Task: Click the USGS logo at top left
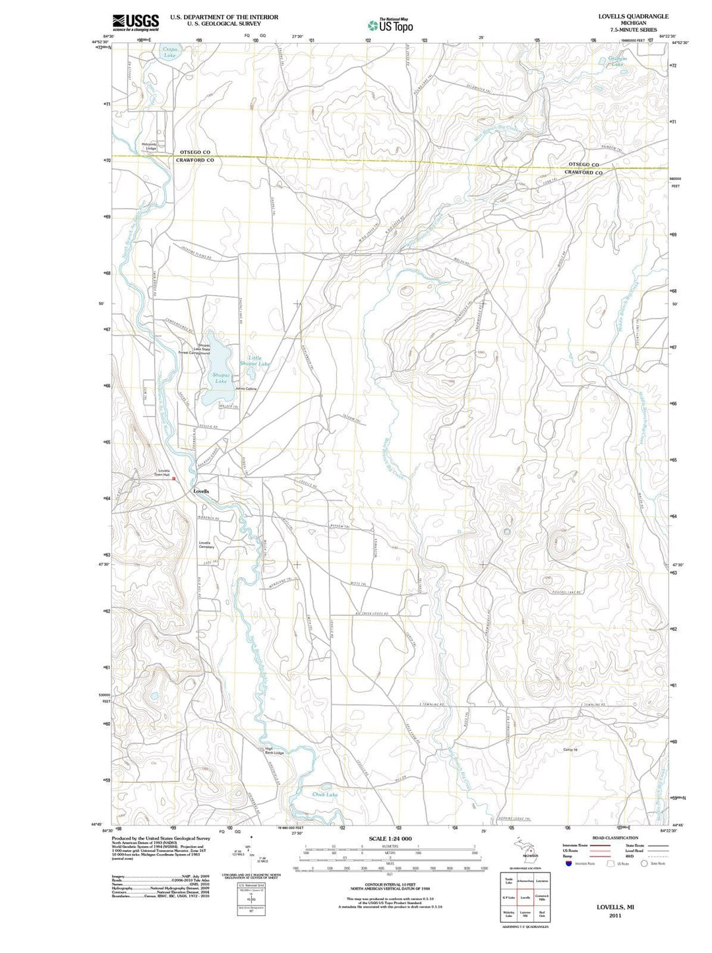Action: pos(135,22)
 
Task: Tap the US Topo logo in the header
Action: pos(390,25)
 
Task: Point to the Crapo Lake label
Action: pos(169,52)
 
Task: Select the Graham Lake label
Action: pos(617,61)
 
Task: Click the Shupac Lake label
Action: pos(221,378)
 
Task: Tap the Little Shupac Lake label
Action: pos(254,361)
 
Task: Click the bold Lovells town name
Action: pos(201,491)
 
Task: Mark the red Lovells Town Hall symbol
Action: pos(173,479)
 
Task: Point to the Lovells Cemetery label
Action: pos(206,545)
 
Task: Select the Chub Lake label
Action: pos(324,795)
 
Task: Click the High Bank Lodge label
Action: pos(274,751)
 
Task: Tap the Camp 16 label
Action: pos(570,750)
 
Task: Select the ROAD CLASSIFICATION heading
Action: pos(615,838)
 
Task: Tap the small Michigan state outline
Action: pos(527,846)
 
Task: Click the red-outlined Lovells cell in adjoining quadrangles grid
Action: pos(525,898)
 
